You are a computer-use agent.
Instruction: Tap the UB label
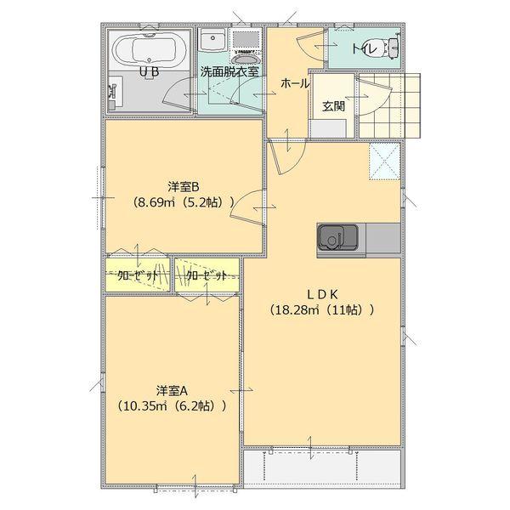[149, 72]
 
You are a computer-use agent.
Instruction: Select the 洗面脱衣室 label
[229, 72]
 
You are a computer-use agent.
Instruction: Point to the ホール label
[294, 83]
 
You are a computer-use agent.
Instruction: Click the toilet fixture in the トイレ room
[391, 47]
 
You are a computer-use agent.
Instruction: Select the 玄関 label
[333, 105]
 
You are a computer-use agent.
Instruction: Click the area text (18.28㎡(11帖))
[321, 310]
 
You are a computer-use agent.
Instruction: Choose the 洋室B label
[183, 186]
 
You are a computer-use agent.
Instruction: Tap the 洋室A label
[172, 388]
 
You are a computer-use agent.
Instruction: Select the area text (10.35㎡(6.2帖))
[172, 405]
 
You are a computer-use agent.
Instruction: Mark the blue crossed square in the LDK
[384, 161]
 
